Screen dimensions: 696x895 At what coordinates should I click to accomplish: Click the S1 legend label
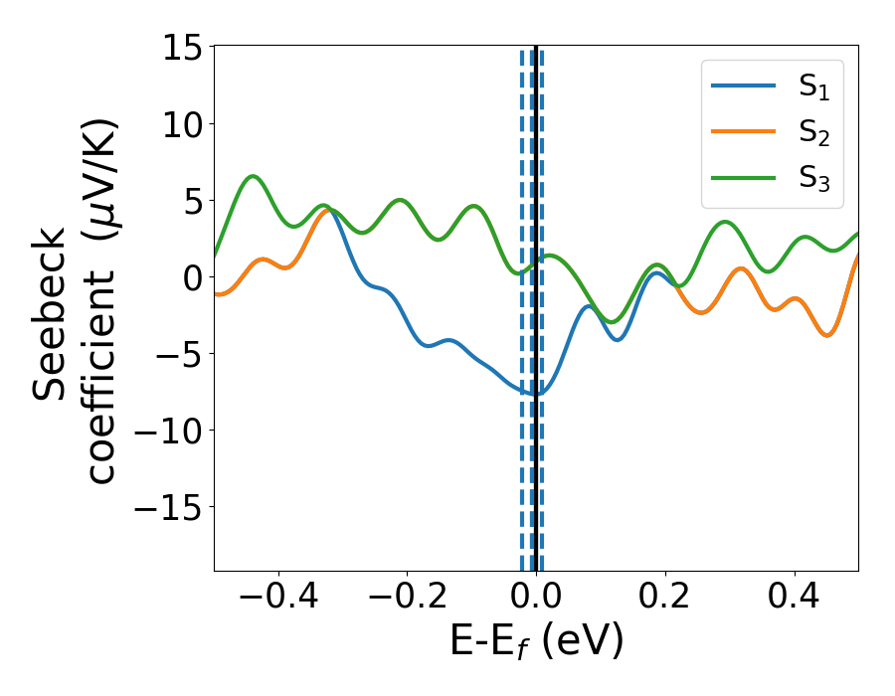[x=813, y=87]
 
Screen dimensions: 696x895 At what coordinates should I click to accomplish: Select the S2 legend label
[x=813, y=132]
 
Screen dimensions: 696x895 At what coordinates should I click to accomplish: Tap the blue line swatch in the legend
[x=744, y=87]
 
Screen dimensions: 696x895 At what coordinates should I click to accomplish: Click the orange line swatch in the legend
[x=744, y=131]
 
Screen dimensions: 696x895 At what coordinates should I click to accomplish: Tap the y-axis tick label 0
[x=192, y=278]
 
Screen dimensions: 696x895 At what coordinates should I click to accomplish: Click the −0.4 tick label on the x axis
[x=270, y=599]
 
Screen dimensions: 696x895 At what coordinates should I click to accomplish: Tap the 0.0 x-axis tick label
[x=536, y=599]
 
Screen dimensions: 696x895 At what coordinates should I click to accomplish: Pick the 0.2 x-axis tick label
[x=665, y=599]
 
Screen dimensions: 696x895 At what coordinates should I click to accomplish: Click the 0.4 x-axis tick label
[x=795, y=599]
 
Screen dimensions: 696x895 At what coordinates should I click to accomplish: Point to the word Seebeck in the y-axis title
[x=50, y=313]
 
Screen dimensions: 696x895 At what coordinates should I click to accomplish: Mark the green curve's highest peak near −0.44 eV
[x=254, y=176]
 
